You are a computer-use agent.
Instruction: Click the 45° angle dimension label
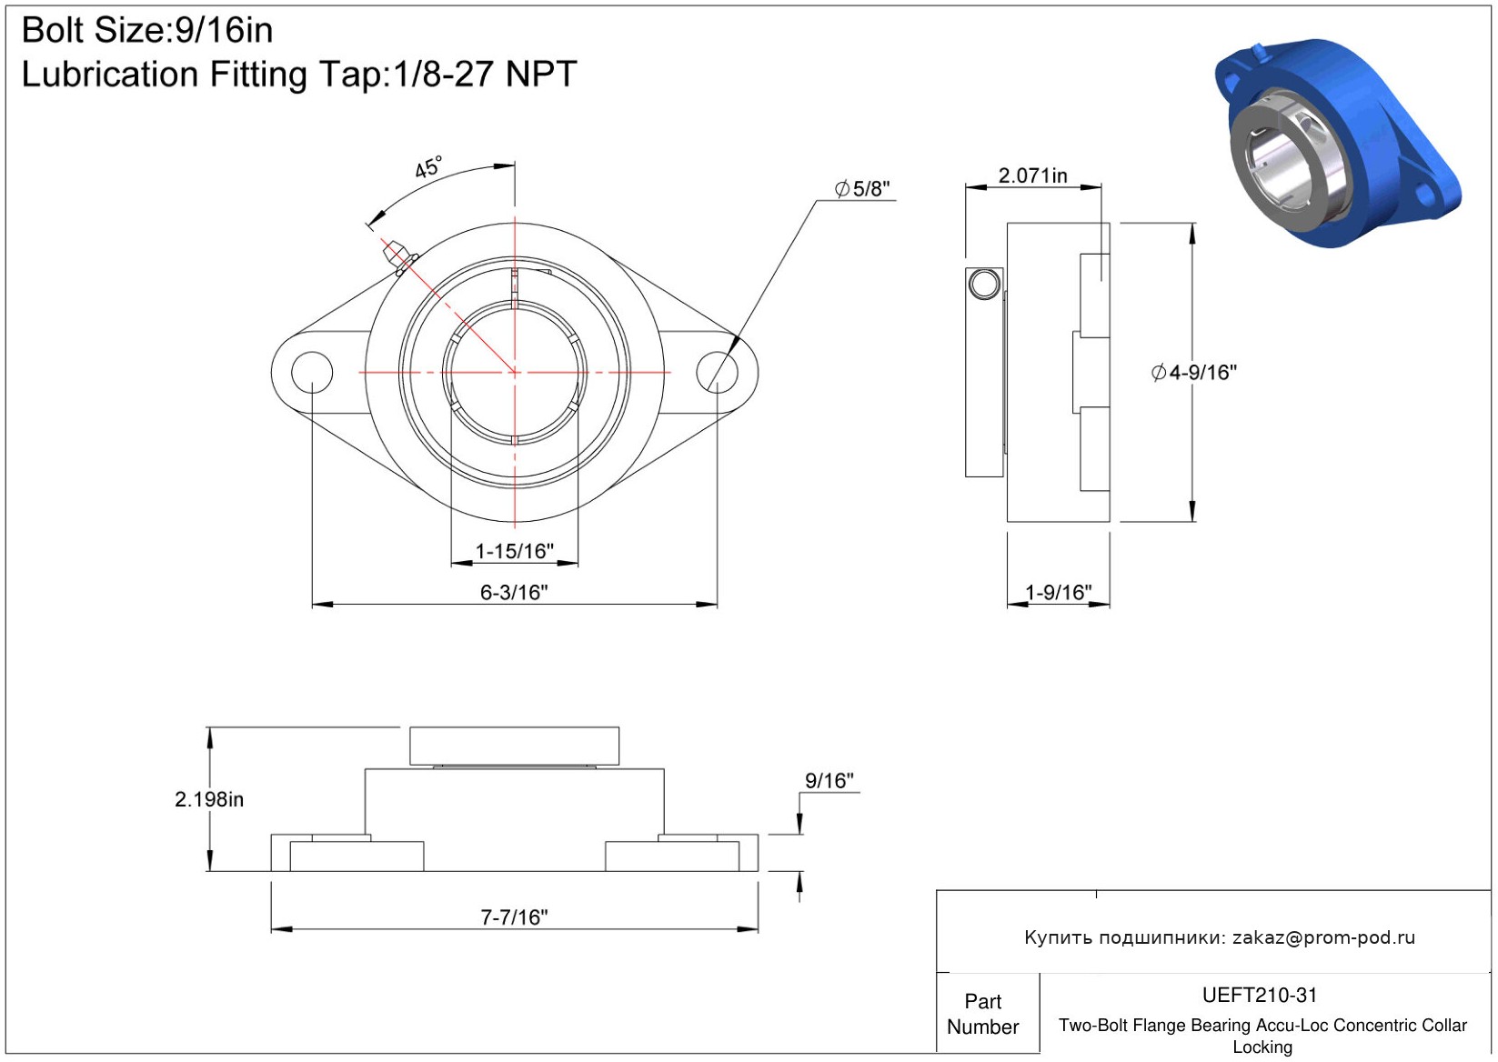click(x=428, y=167)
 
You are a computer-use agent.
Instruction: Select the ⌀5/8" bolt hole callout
click(x=862, y=189)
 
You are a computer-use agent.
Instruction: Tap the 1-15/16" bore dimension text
click(x=514, y=551)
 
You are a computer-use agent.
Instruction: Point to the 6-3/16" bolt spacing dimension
click(x=514, y=593)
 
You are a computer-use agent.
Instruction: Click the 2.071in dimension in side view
click(x=1032, y=175)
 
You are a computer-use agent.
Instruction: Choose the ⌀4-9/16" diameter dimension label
click(x=1193, y=372)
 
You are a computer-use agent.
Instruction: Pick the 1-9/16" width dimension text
click(x=1058, y=593)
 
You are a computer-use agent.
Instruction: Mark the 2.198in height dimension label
click(x=208, y=799)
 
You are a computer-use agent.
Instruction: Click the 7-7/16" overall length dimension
click(x=514, y=917)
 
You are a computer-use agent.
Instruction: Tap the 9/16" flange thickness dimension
click(x=829, y=781)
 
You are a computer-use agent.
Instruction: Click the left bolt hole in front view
click(x=312, y=372)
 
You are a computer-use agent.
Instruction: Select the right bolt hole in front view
click(x=717, y=372)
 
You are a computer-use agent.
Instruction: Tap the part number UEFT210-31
click(x=1260, y=996)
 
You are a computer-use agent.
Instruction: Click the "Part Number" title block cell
click(x=982, y=1014)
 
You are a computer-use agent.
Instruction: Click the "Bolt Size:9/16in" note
click(x=147, y=31)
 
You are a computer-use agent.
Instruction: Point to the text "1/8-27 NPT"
click(x=485, y=75)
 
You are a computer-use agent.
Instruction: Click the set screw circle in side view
click(x=984, y=285)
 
